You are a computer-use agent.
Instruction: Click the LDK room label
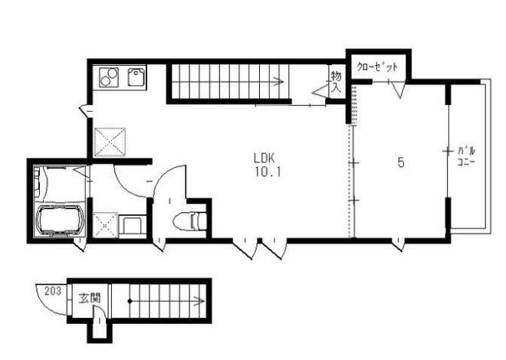pyautogui.click(x=264, y=159)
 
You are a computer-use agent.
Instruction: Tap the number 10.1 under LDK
pyautogui.click(x=268, y=173)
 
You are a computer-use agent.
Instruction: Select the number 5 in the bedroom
pyautogui.click(x=401, y=162)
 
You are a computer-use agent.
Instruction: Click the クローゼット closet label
pyautogui.click(x=377, y=67)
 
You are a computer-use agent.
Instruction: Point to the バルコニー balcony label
pyautogui.click(x=466, y=156)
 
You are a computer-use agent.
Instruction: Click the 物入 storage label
pyautogui.click(x=336, y=82)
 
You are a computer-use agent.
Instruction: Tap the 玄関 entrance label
pyautogui.click(x=90, y=298)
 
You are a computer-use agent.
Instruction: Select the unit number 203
pyautogui.click(x=53, y=291)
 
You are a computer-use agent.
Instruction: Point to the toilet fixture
pyautogui.click(x=190, y=221)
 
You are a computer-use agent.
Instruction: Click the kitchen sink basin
pyautogui.click(x=136, y=77)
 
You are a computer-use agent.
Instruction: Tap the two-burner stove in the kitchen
pyautogui.click(x=109, y=77)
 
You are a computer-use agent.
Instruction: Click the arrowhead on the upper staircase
pyautogui.click(x=279, y=82)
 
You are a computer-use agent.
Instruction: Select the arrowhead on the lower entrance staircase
pyautogui.click(x=200, y=301)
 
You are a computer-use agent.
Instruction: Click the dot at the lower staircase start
pyautogui.click(x=130, y=301)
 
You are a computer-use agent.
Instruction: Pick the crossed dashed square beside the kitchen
pyautogui.click(x=110, y=142)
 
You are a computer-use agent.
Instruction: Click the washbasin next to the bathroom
pyautogui.click(x=132, y=227)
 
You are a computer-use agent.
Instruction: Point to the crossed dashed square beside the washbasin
pyautogui.click(x=106, y=225)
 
